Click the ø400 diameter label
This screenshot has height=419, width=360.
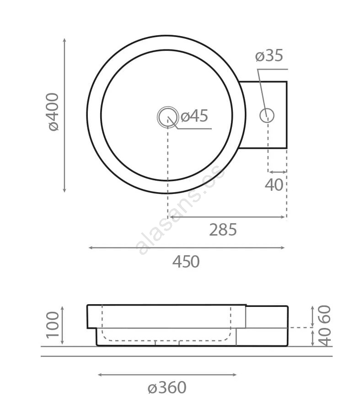pyautogui.click(x=53, y=112)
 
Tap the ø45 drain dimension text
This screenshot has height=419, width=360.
pyautogui.click(x=194, y=116)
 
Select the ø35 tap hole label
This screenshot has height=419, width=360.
pyautogui.click(x=269, y=55)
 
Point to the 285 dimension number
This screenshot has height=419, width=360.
pyautogui.click(x=223, y=230)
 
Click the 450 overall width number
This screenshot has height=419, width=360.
pyautogui.click(x=186, y=261)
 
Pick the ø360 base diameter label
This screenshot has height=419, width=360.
pyautogui.click(x=167, y=387)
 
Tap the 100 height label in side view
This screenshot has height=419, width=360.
pyautogui.click(x=53, y=325)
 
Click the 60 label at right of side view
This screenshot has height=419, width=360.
pyautogui.click(x=325, y=314)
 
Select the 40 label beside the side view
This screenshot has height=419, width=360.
pyautogui.click(x=325, y=337)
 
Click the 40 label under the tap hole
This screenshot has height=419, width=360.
pyautogui.click(x=274, y=185)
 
